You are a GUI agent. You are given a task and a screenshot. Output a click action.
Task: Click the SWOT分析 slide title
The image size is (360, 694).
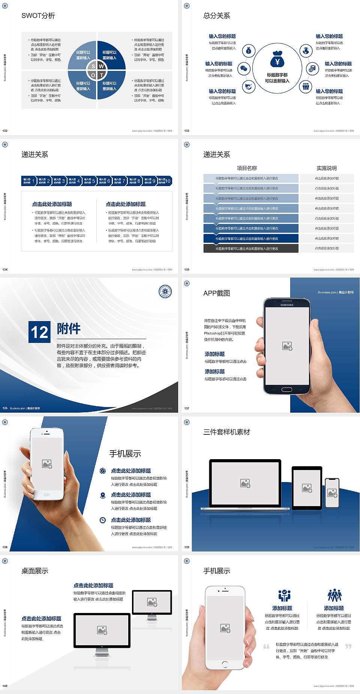(x=38, y=16)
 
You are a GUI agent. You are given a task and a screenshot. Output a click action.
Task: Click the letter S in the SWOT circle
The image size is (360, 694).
(x=93, y=66)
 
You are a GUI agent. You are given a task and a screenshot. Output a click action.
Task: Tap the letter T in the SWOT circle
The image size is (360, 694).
(x=102, y=75)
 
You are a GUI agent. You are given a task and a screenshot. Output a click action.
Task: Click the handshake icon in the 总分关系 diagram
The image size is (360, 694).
(x=248, y=87)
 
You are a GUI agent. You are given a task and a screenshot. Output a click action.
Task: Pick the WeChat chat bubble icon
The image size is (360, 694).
(x=244, y=68)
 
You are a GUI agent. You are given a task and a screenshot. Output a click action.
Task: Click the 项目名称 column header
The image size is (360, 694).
(x=247, y=168)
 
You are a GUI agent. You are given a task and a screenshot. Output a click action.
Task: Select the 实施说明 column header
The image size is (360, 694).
(x=327, y=168)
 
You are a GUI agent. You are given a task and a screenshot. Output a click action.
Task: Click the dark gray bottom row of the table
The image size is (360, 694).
(x=251, y=248)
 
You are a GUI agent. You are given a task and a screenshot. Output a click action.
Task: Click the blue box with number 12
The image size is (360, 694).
(x=39, y=332)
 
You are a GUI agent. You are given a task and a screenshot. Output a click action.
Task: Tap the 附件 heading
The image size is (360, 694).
(x=69, y=329)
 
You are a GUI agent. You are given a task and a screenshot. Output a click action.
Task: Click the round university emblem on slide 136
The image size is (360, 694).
(x=165, y=291)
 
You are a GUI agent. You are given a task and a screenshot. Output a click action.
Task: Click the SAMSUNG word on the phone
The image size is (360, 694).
(x=287, y=305)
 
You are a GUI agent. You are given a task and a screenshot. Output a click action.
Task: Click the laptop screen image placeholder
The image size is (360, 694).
(x=245, y=483)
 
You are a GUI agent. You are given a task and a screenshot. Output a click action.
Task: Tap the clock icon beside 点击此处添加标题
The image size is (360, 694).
(x=103, y=520)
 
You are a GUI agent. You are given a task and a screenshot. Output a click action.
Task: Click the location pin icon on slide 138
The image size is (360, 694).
(x=103, y=495)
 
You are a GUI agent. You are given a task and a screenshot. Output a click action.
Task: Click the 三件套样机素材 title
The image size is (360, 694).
(x=226, y=432)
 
